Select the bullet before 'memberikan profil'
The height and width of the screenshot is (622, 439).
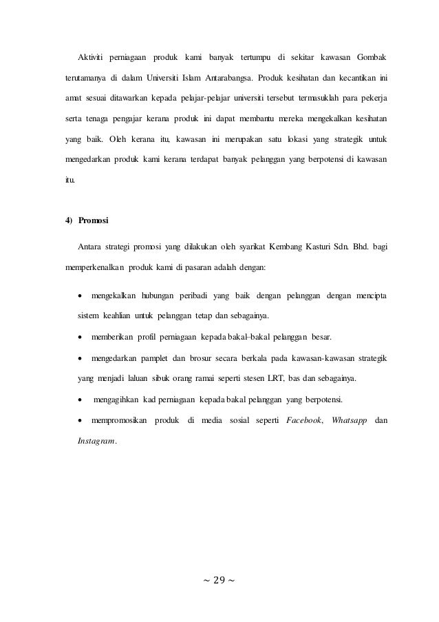coord(81,338)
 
